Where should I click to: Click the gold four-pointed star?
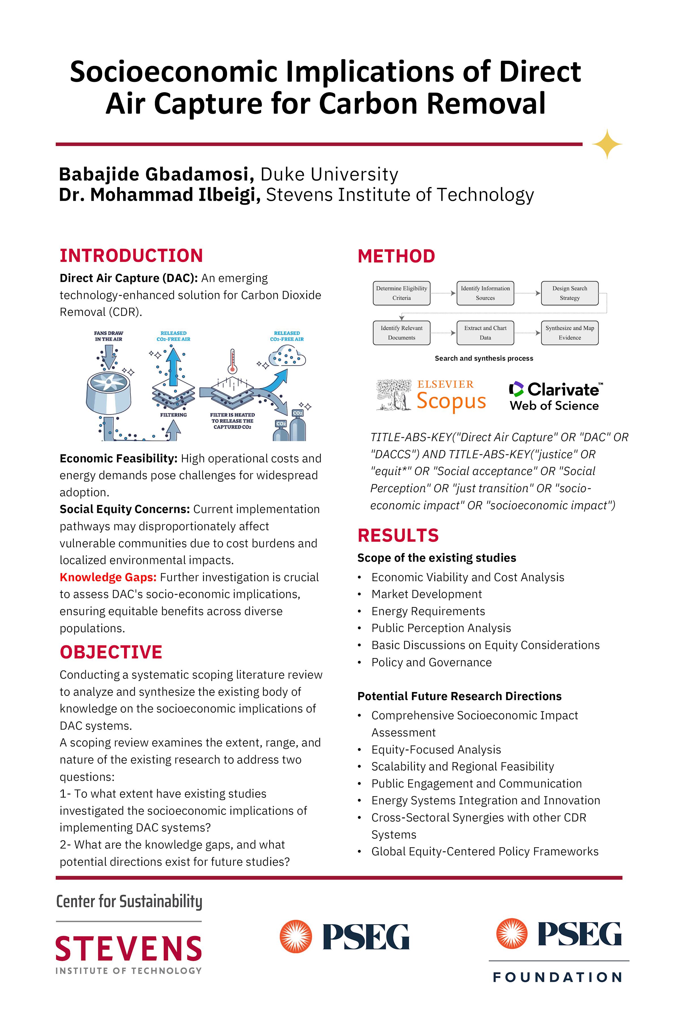607,144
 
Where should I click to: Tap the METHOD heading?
396,256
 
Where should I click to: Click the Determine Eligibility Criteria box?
401,293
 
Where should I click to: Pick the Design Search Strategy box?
569,293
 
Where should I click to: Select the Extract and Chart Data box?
485,333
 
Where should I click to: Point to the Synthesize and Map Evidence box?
569,333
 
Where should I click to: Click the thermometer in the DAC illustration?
232,360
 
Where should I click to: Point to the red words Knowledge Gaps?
108,577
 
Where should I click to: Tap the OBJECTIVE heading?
111,652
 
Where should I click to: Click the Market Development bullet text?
426,594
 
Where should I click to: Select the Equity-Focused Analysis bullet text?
436,750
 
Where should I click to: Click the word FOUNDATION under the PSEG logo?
558,977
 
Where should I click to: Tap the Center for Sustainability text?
129,902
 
